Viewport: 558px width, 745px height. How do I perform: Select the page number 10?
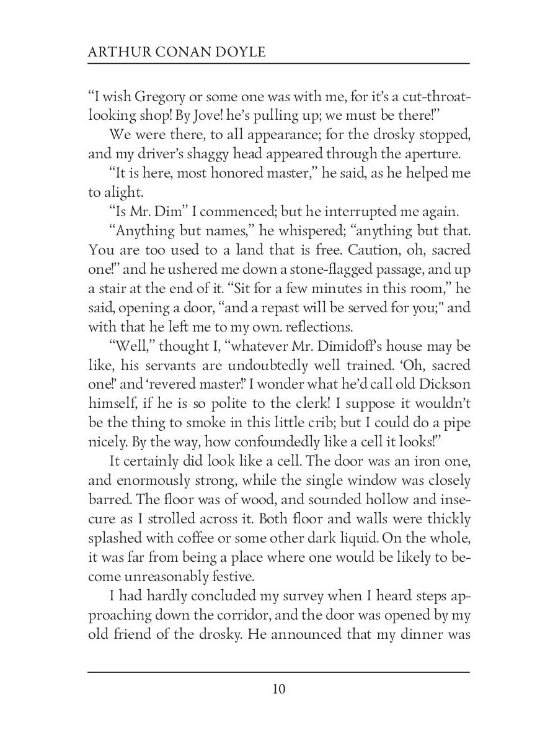278,689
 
